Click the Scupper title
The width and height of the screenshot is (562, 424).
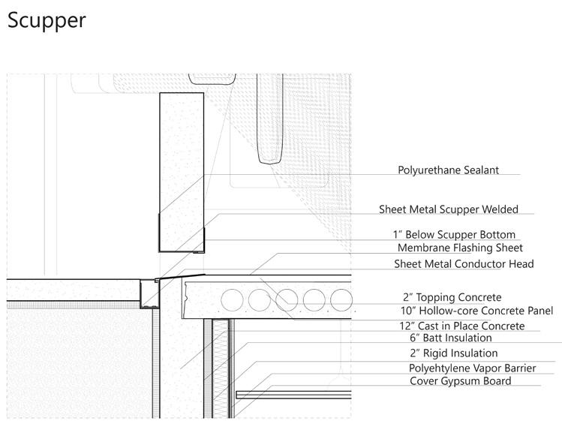click(47, 20)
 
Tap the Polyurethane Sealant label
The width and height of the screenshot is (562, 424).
click(448, 170)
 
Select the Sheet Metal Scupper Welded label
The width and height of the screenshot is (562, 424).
click(448, 209)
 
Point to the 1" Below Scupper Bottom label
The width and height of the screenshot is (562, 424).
click(454, 235)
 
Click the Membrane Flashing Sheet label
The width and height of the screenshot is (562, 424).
click(460, 248)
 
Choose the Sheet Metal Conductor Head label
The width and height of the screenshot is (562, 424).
click(464, 263)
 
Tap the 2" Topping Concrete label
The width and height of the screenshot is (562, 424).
click(452, 298)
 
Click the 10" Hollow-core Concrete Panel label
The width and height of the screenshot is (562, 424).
click(476, 311)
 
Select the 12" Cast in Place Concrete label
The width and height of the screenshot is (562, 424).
click(461, 326)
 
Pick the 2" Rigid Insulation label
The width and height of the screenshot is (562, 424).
click(453, 353)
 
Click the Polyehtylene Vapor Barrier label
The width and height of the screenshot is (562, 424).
click(467, 368)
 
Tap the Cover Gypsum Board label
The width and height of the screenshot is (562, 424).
click(460, 380)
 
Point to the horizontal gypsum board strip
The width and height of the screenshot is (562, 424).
click(293, 394)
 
